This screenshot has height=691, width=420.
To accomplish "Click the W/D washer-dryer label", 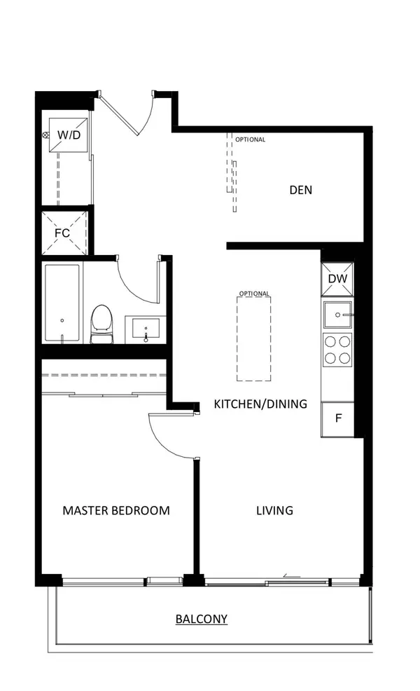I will pyautogui.click(x=67, y=134).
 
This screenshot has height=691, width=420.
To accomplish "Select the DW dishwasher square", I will pyautogui.click(x=337, y=279).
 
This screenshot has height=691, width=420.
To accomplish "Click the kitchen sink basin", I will pyautogui.click(x=337, y=315).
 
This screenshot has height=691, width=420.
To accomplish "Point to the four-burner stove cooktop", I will pyautogui.click(x=337, y=349).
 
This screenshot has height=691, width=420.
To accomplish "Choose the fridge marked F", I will pyautogui.click(x=338, y=419).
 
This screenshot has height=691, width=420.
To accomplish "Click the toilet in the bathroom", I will pyautogui.click(x=102, y=324).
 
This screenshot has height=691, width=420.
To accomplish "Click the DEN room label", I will pyautogui.click(x=300, y=190).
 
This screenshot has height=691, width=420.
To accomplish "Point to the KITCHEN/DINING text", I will pyautogui.click(x=260, y=404).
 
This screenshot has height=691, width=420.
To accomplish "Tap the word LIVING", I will pyautogui.click(x=274, y=510).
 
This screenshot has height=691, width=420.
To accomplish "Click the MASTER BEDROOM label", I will pyautogui.click(x=116, y=510).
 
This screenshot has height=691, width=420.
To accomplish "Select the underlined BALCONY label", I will pyautogui.click(x=202, y=619).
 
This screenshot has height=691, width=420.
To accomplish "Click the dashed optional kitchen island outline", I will pyautogui.click(x=253, y=338).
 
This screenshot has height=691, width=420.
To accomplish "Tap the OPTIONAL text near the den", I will pyautogui.click(x=250, y=139).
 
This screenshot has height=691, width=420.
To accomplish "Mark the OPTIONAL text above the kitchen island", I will pyautogui.click(x=253, y=294).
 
